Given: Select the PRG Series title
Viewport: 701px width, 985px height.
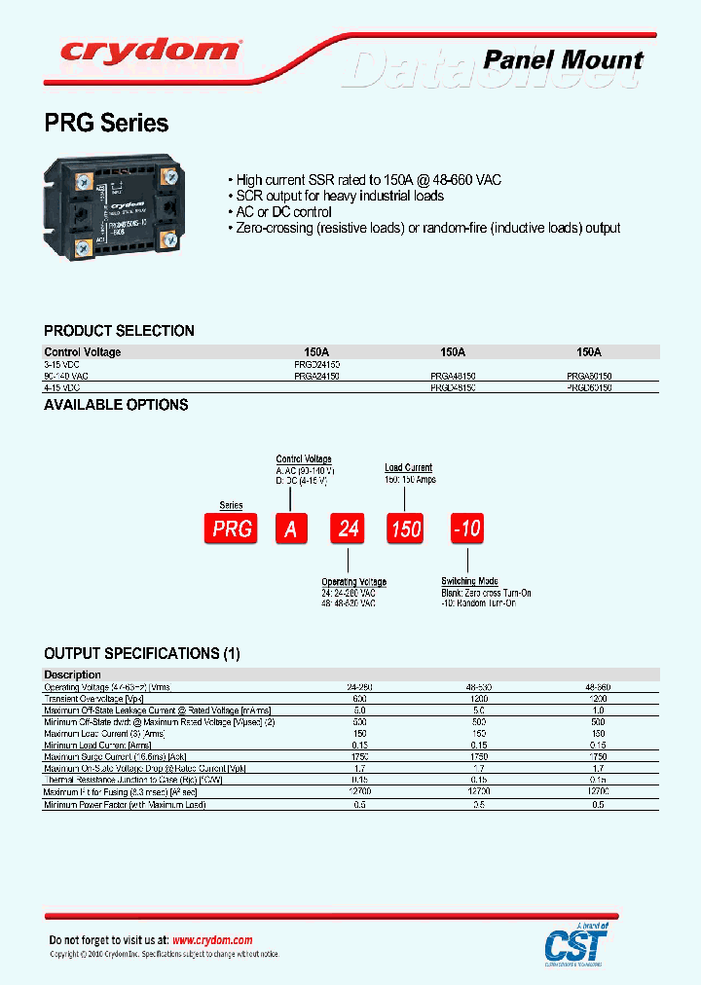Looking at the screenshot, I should [x=106, y=124].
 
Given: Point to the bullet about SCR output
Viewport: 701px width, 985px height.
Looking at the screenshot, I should [x=335, y=196].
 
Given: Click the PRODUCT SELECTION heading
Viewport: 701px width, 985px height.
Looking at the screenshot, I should [x=119, y=331].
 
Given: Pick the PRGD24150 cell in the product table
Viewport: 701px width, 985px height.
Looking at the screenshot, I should [x=316, y=363].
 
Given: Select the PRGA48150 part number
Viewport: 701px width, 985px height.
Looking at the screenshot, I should [x=453, y=375].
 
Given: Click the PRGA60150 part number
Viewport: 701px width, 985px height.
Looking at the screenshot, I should [x=589, y=375].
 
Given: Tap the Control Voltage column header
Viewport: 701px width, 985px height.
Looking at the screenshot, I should [x=83, y=352].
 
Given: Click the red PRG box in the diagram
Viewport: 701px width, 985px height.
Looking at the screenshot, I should [x=231, y=528].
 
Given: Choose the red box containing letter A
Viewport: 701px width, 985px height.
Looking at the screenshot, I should [x=290, y=528].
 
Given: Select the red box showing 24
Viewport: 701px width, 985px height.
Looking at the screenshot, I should [x=349, y=528].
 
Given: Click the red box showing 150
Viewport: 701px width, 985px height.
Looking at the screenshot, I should [x=406, y=528].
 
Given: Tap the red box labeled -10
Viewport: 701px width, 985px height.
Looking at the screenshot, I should [x=466, y=528].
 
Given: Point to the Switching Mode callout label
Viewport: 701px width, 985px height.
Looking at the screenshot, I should [x=469, y=581].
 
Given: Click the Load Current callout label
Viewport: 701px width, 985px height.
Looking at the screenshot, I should [x=409, y=468].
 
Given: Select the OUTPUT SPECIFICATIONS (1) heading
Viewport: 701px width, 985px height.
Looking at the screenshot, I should [x=142, y=653].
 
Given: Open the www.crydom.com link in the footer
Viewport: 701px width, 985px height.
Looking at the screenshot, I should [x=212, y=940].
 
